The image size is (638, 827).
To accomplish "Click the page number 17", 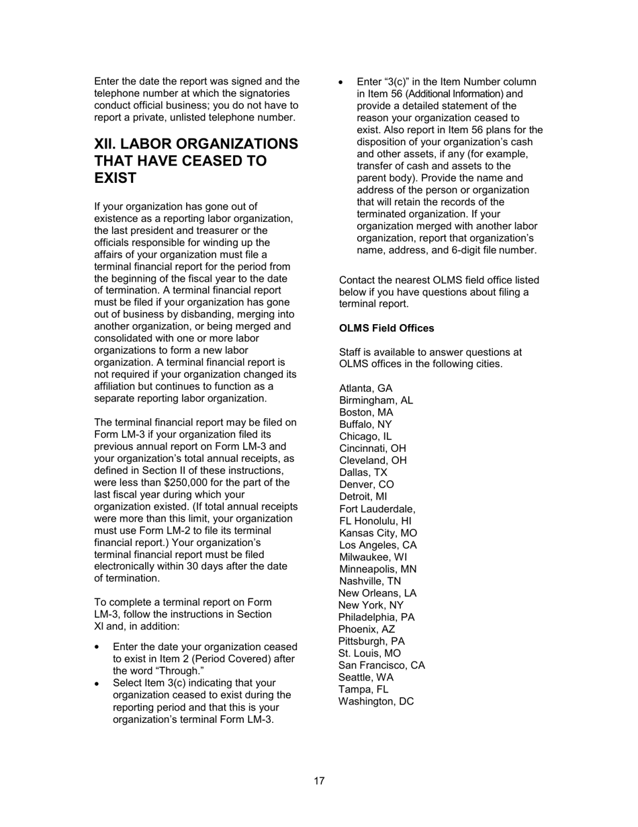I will coord(319,781).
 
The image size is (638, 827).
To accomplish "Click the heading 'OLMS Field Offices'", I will coord(386,328).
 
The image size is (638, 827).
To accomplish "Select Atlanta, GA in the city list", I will coord(366,389).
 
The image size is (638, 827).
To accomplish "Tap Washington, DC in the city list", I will coord(376,702).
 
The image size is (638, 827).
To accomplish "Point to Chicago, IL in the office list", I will coord(365,436).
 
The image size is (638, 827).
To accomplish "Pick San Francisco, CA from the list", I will coord(381,666).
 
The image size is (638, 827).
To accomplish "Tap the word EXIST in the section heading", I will coord(116,179).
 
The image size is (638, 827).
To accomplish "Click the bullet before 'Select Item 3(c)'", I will coord(98,684).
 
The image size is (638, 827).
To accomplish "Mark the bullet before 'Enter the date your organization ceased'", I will coord(98,647).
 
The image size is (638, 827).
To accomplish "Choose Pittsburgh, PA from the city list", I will coord(371,641).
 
